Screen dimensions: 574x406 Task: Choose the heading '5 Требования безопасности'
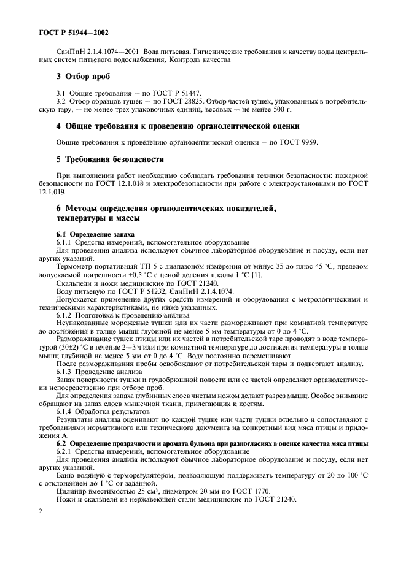point(110,160)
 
